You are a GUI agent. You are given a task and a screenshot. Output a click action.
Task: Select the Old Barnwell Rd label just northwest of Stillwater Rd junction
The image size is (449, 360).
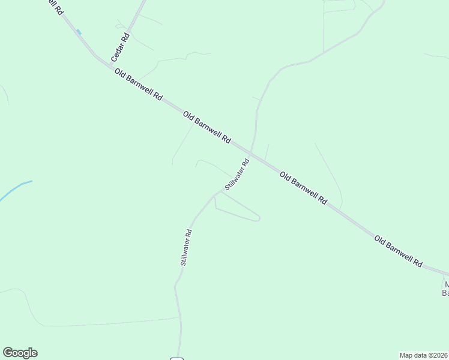[207, 127]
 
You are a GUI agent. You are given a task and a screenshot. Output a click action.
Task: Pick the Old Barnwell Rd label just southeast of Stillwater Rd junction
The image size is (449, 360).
[303, 188]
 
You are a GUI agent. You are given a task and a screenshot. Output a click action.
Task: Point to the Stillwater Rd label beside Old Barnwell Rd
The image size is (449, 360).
[237, 175]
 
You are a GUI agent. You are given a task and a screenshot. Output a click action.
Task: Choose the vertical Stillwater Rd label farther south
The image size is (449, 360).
[186, 248]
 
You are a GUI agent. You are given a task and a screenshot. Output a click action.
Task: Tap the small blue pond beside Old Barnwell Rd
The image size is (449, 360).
[79, 32]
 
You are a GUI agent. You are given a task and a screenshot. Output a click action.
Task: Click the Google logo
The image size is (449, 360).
[20, 353]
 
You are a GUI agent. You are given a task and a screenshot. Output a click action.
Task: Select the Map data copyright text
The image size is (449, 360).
[424, 355]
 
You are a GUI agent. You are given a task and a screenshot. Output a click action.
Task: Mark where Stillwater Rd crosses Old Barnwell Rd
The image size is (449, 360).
[250, 155]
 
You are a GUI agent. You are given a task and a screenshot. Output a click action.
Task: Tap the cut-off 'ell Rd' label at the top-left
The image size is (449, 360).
[54, 7]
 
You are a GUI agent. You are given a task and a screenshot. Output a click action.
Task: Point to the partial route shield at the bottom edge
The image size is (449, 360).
[176, 358]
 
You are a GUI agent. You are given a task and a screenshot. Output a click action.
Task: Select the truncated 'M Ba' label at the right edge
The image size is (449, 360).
[445, 288]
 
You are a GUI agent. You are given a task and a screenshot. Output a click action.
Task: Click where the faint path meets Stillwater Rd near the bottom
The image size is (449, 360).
[179, 317]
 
